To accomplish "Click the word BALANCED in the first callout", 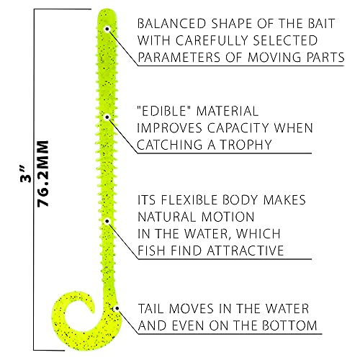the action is (x=172, y=24).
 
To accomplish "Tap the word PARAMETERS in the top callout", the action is (x=179, y=58).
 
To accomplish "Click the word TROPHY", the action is (x=246, y=145).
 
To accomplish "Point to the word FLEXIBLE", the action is (x=189, y=200).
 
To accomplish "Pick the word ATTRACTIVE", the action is (x=246, y=251).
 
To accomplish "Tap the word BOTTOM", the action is (x=289, y=325).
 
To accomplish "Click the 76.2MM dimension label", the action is (x=43, y=174).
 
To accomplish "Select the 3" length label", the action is (x=26, y=174).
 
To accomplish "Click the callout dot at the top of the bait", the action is (x=107, y=29).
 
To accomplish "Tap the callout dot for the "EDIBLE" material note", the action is (x=107, y=117).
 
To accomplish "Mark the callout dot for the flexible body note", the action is (x=107, y=221).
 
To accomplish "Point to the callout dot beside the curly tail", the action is (x=117, y=308).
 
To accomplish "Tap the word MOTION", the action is (x=228, y=217).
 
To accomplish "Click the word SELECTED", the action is (x=285, y=40).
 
